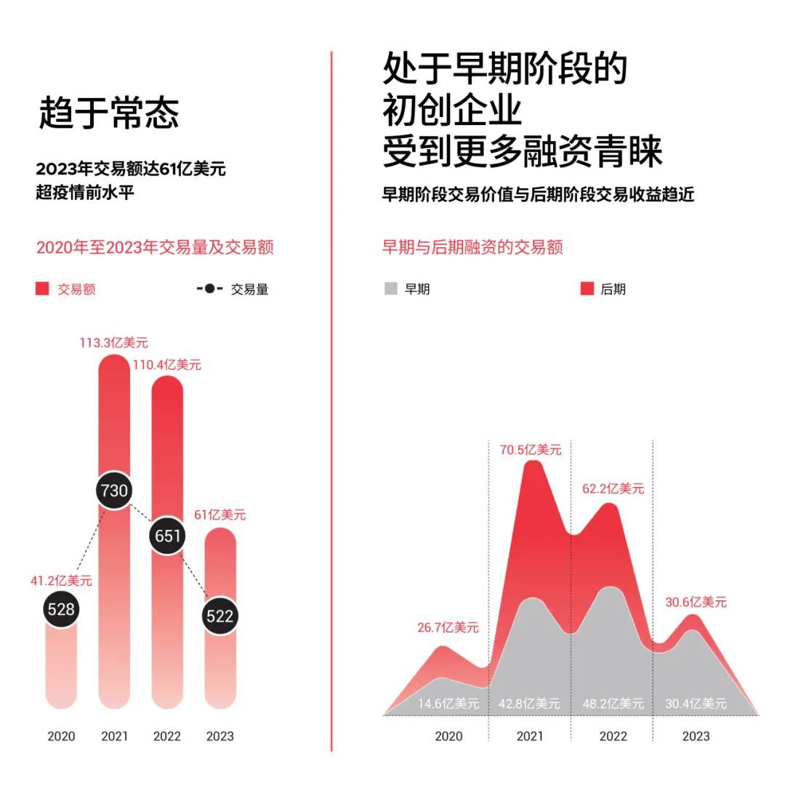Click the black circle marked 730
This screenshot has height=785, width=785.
(x=114, y=491)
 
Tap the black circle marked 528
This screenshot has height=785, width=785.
(x=60, y=609)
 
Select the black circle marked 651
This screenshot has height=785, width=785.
(x=167, y=536)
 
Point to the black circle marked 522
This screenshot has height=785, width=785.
(x=220, y=616)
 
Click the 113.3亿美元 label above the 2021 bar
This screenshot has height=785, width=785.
(x=113, y=342)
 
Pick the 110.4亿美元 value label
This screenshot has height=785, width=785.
(x=166, y=364)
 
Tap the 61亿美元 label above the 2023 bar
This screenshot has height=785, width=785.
(x=220, y=515)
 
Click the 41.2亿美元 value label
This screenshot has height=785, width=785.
(x=60, y=581)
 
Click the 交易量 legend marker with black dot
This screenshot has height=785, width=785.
(x=209, y=289)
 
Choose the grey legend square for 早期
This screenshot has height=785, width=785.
(x=390, y=289)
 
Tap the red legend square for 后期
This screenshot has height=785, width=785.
(x=587, y=289)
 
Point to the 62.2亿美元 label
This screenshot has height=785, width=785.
(x=612, y=488)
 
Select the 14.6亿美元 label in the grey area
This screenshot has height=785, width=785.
(x=448, y=704)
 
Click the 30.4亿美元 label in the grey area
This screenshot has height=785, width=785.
(x=696, y=704)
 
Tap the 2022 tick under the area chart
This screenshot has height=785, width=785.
(x=613, y=736)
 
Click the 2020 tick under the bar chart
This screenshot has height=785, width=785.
(x=61, y=736)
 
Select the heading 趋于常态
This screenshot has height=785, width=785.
(x=109, y=113)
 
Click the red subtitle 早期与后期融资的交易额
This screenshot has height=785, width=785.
(x=472, y=247)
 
